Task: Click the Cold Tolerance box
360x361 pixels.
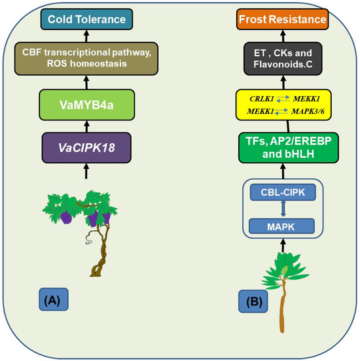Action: point(85,20)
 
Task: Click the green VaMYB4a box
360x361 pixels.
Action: point(85,103)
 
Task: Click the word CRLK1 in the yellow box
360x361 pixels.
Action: point(262,97)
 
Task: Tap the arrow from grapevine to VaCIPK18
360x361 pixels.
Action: point(85,172)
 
